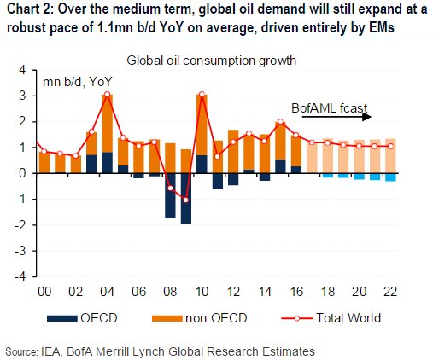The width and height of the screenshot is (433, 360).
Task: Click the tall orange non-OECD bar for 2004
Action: coord(108,123)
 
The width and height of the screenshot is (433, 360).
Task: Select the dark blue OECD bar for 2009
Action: coord(186,198)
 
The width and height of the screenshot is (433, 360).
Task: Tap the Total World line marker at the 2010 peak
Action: coord(202,95)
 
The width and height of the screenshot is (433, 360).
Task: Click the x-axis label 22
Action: coord(389,292)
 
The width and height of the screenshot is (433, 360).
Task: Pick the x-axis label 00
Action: coord(44,292)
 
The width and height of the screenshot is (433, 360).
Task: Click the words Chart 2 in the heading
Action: coord(26,11)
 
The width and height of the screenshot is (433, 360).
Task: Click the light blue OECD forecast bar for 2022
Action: coord(389,177)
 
